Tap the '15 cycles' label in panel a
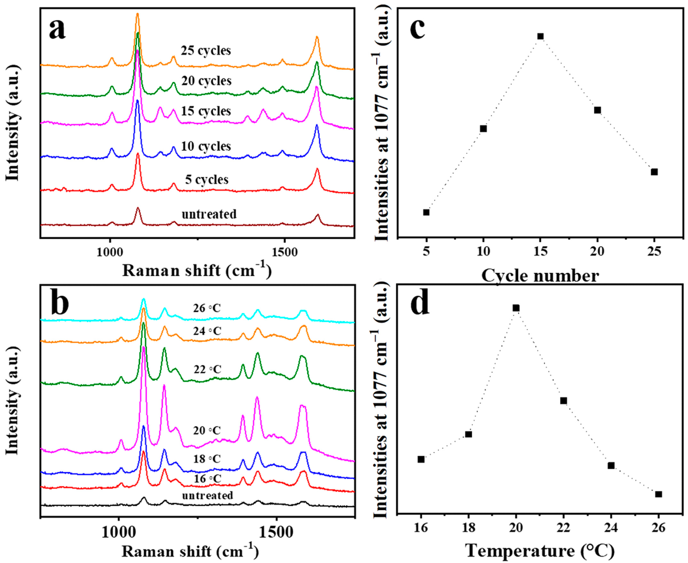coord(206,111)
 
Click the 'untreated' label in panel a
coord(209,214)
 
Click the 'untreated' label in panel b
coord(207,496)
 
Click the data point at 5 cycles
coord(426,212)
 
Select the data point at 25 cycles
coord(654,172)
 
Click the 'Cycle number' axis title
coord(540,276)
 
